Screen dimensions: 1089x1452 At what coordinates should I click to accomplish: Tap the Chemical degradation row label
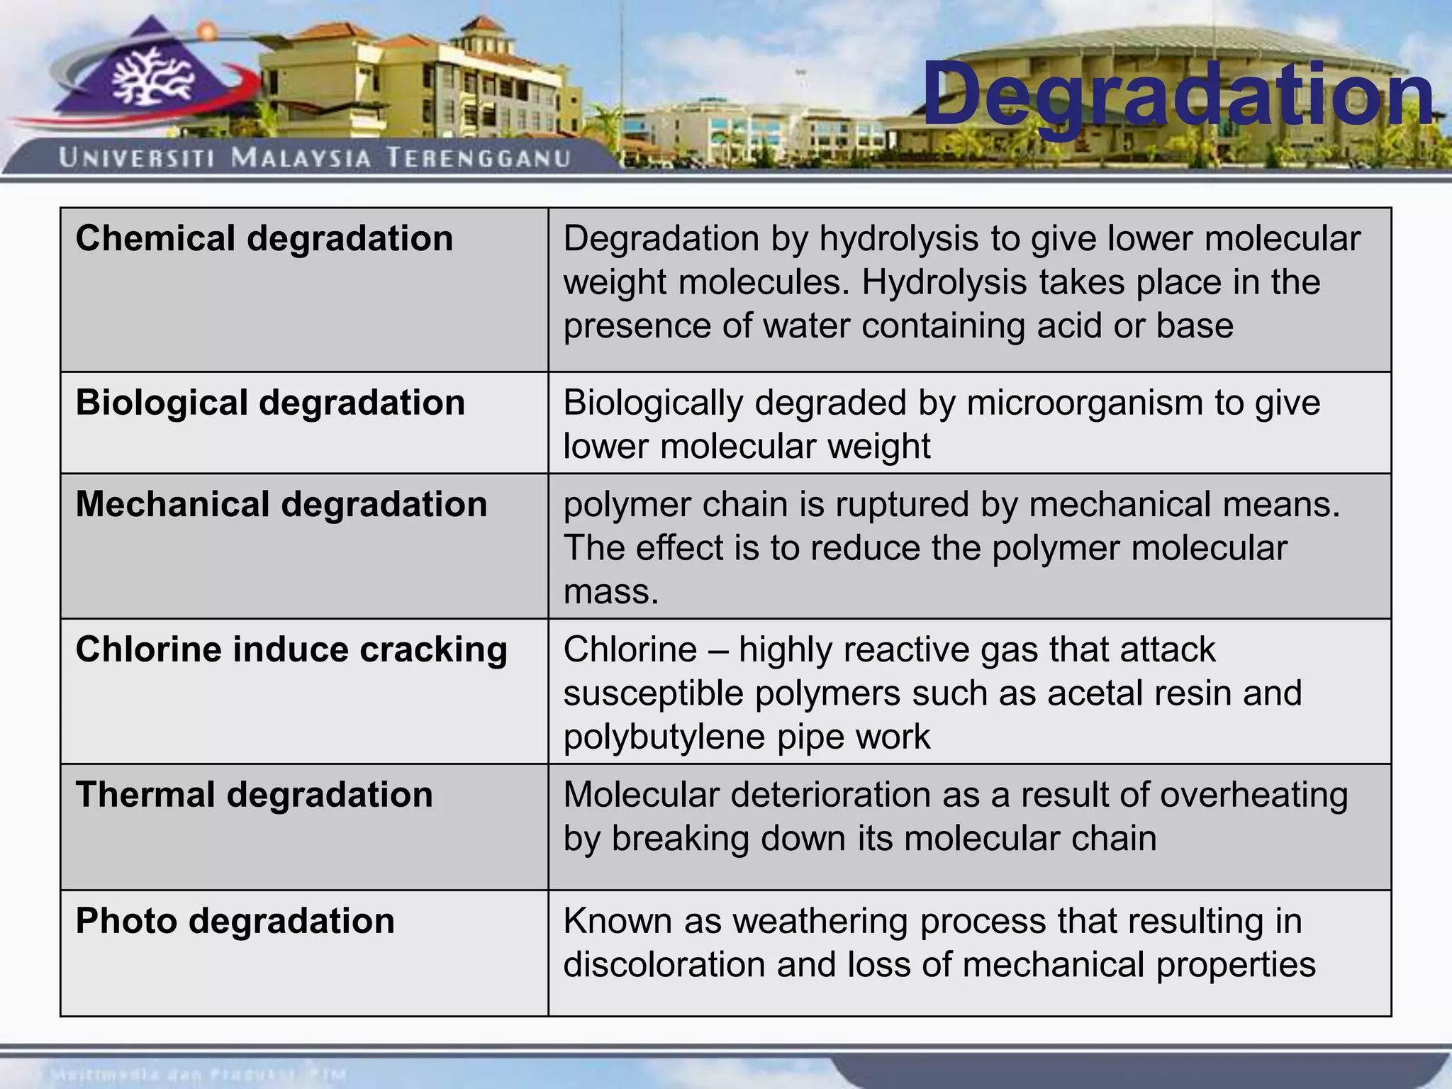(x=264, y=238)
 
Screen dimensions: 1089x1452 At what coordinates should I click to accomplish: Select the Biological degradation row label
(x=270, y=403)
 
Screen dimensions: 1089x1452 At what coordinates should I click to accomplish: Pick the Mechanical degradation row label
(x=281, y=505)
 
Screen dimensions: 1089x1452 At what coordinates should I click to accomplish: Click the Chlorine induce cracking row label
(x=291, y=649)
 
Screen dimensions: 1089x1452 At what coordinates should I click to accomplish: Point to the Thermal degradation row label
(x=254, y=795)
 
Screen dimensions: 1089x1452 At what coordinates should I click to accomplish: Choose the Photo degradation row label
(x=235, y=921)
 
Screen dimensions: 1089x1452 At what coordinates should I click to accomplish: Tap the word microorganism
(x=1085, y=403)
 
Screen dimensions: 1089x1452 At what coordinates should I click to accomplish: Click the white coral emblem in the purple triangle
(x=152, y=79)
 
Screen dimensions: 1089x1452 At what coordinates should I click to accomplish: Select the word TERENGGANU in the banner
(x=479, y=157)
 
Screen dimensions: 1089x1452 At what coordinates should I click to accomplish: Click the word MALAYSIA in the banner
(x=301, y=157)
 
